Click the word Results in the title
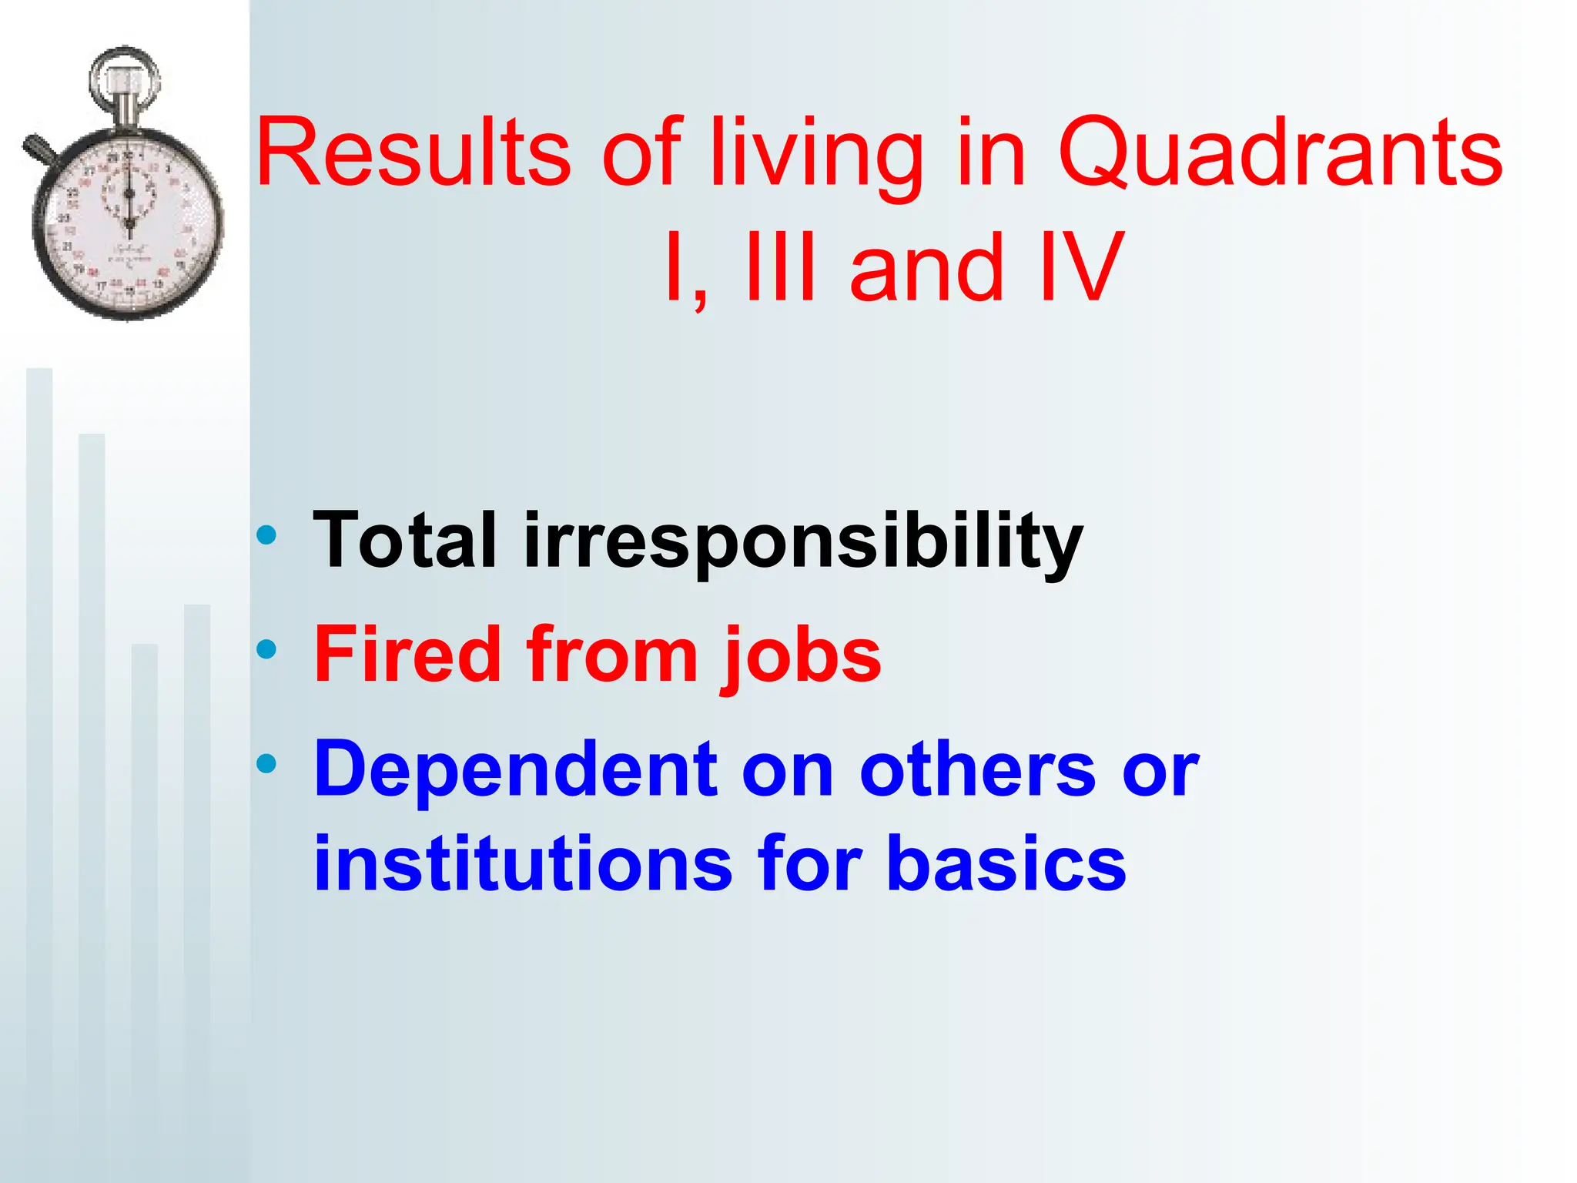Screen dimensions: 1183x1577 click(x=413, y=152)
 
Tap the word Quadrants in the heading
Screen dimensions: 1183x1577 click(x=1280, y=152)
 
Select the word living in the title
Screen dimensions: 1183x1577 click(x=816, y=152)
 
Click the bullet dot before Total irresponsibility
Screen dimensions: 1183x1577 click(x=266, y=535)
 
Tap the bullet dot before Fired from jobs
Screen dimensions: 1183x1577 click(x=266, y=649)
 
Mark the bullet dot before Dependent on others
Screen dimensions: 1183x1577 click(x=266, y=763)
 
